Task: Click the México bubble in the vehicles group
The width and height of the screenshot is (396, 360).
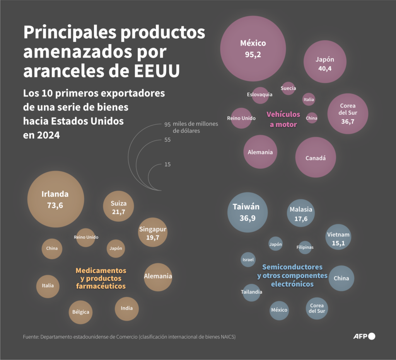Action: pos(253,49)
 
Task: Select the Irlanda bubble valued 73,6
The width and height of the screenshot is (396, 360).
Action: pos(56,199)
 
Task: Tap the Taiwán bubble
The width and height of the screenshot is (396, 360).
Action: pos(247,212)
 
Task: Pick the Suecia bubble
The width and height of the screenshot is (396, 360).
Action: pos(288,88)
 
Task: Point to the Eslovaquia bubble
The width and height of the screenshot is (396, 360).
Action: pos(260,95)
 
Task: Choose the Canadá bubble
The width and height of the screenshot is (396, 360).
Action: pos(316,157)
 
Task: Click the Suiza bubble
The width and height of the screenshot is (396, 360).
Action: pos(118,206)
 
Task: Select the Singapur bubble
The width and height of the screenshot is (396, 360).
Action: pos(152,232)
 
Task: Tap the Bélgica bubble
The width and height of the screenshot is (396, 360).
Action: pos(80,312)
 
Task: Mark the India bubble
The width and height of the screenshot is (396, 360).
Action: pos(126,309)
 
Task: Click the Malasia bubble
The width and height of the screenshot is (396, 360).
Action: pos(301,213)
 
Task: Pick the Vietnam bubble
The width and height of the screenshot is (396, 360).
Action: pos(338,237)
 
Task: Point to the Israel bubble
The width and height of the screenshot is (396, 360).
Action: pos(248,260)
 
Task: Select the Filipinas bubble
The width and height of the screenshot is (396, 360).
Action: pos(305,248)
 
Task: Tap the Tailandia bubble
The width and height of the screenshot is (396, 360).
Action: pos(251,292)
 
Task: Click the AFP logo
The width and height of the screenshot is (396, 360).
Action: pos(364,336)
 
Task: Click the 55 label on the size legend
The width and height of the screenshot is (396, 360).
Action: pos(167,140)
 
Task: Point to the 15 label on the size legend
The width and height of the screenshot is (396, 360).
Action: pos(167,165)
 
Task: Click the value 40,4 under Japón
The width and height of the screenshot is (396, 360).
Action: pos(325,68)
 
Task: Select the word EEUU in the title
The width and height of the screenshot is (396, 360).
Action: pos(157,71)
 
